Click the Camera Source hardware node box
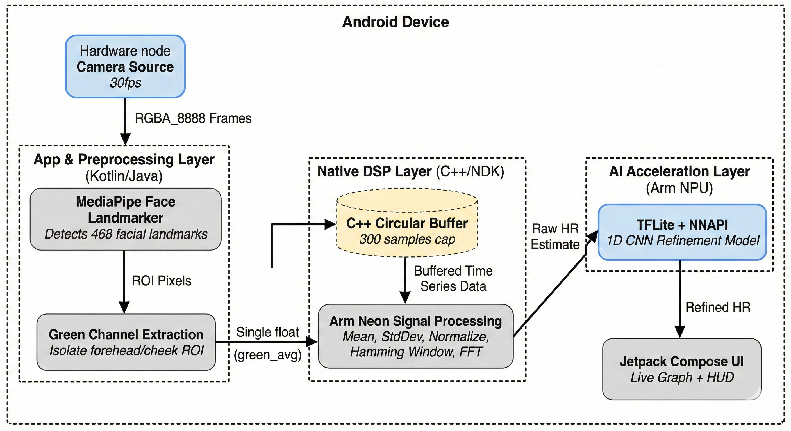coord(125,67)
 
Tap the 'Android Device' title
coord(395,22)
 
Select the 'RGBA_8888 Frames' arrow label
coord(193,118)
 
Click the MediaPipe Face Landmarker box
coord(125,218)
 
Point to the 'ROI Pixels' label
coord(161,281)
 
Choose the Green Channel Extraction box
coord(126,342)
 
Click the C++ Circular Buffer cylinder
coord(407,227)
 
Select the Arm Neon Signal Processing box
coord(415,336)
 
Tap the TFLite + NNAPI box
coord(682,233)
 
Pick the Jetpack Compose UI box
coord(681,369)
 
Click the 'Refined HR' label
coord(718,307)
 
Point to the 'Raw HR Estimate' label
coord(555,237)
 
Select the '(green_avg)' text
coord(267,355)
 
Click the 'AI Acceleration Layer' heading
coord(679,171)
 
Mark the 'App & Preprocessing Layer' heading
coord(124,159)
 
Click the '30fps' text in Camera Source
coord(125,83)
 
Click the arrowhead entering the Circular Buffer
coord(330,224)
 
